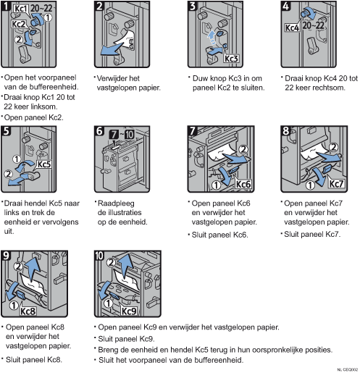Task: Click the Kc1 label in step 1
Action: [x=20, y=9]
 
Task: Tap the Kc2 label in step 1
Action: [x=18, y=24]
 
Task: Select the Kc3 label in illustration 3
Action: [x=231, y=59]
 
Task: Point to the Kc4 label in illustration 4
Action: [x=292, y=28]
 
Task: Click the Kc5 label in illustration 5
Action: [x=44, y=164]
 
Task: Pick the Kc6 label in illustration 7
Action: [x=243, y=184]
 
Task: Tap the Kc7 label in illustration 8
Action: [x=336, y=184]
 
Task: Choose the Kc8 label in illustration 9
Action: [x=28, y=311]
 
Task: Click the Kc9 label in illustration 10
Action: [x=129, y=311]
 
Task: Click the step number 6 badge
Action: [x=99, y=131]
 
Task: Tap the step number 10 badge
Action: [x=99, y=256]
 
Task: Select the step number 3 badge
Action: [x=193, y=6]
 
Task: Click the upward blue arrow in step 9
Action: [x=32, y=269]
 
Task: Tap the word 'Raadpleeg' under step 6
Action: [x=116, y=204]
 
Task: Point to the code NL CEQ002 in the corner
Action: [x=348, y=369]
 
